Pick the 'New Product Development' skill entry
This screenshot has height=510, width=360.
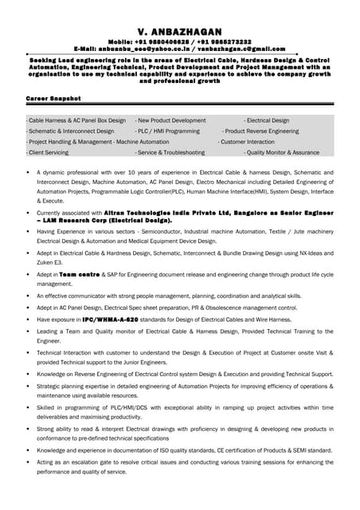[x=170, y=120]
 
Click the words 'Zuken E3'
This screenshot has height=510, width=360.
[x=51, y=262]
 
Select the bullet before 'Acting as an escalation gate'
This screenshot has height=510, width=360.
[x=29, y=462]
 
